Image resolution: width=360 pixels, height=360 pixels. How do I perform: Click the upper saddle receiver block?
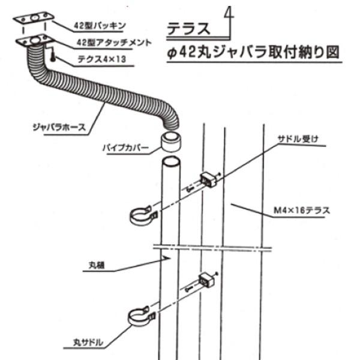pyautogui.click(x=209, y=178)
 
